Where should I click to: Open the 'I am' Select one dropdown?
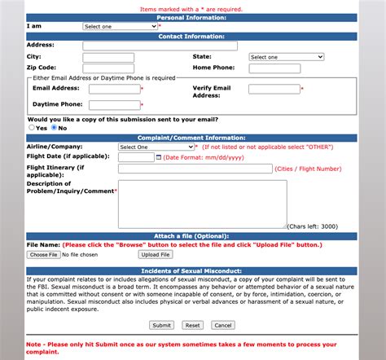(x=120, y=26)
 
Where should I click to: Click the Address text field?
(x=160, y=46)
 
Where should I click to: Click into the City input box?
(x=108, y=57)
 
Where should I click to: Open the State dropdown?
(x=286, y=57)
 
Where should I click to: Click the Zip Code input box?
(x=108, y=68)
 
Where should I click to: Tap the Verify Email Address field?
(x=274, y=89)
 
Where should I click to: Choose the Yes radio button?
(x=31, y=128)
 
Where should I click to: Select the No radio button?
(x=54, y=128)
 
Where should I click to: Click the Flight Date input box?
(x=135, y=157)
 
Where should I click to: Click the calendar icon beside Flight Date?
(x=158, y=157)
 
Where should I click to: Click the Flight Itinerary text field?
(x=195, y=169)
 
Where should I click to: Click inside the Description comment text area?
(x=202, y=204)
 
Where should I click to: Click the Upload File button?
(x=156, y=255)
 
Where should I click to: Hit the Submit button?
(x=161, y=325)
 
